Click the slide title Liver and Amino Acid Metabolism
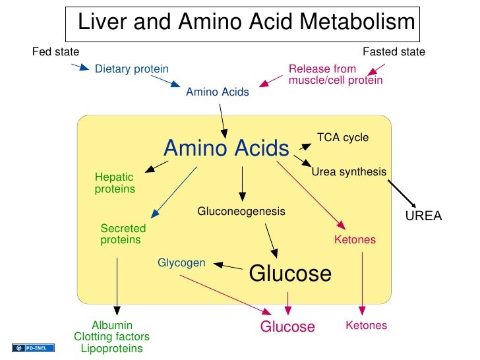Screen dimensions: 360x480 246,22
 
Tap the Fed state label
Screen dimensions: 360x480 55,52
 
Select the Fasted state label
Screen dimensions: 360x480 394,52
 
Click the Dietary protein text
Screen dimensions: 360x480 132,69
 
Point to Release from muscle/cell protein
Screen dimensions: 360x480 335,75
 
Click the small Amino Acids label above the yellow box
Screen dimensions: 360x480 218,92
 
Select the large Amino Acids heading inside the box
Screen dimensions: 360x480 226,148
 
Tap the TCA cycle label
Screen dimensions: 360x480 343,138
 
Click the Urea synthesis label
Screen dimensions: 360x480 349,171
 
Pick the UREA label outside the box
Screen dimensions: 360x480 423,216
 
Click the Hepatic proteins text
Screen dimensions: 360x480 115,183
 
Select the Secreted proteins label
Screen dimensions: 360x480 123,234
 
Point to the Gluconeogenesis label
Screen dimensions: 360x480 241,212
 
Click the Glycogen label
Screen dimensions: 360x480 181,263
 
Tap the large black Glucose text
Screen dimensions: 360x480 290,274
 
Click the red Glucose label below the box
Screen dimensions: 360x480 287,326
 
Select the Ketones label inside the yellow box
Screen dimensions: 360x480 355,240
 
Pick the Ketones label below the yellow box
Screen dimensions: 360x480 367,326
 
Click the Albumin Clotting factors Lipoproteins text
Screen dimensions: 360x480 112,337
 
